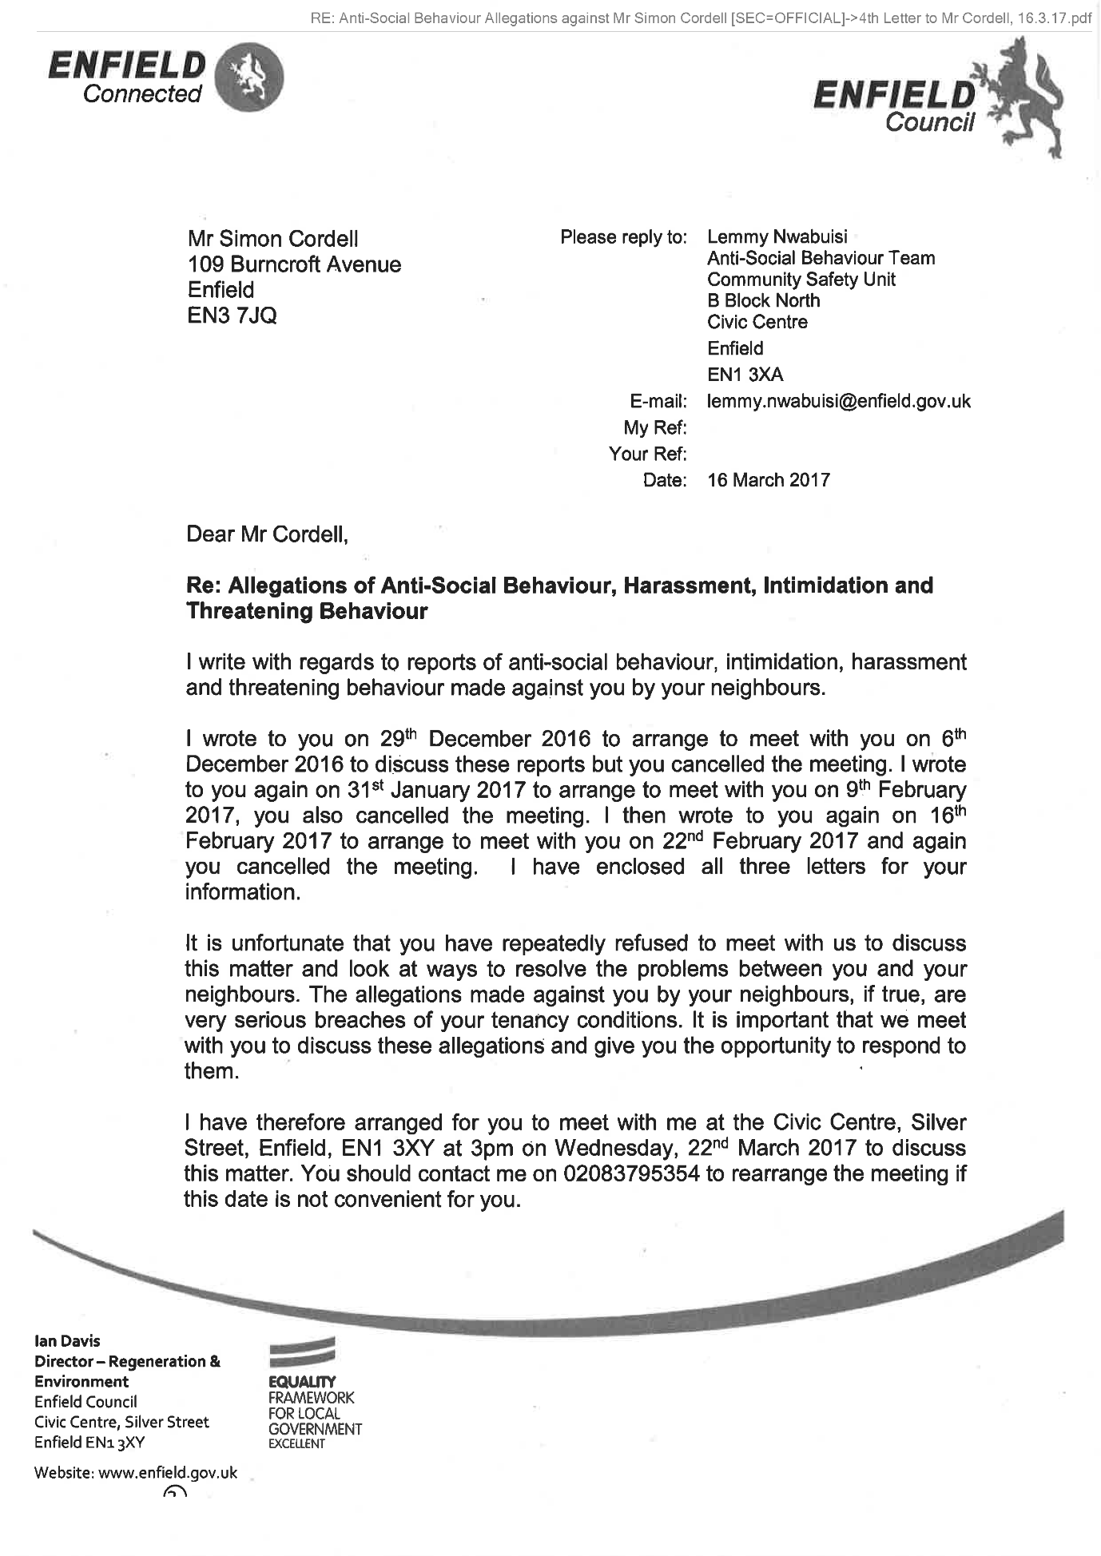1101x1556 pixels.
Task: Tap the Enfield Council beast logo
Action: pos(1027,100)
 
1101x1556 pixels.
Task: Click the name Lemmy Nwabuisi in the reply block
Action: pos(777,237)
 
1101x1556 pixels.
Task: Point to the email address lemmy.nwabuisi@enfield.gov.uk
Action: pos(839,401)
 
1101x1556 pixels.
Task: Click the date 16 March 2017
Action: pos(769,480)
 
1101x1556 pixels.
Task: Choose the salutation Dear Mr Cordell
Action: pos(267,534)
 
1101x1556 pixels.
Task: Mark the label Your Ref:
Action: pos(647,454)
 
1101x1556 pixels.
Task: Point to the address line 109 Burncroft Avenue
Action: pos(294,264)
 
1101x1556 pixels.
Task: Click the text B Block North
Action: pos(763,301)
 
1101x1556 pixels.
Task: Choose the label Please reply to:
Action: pos(623,237)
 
